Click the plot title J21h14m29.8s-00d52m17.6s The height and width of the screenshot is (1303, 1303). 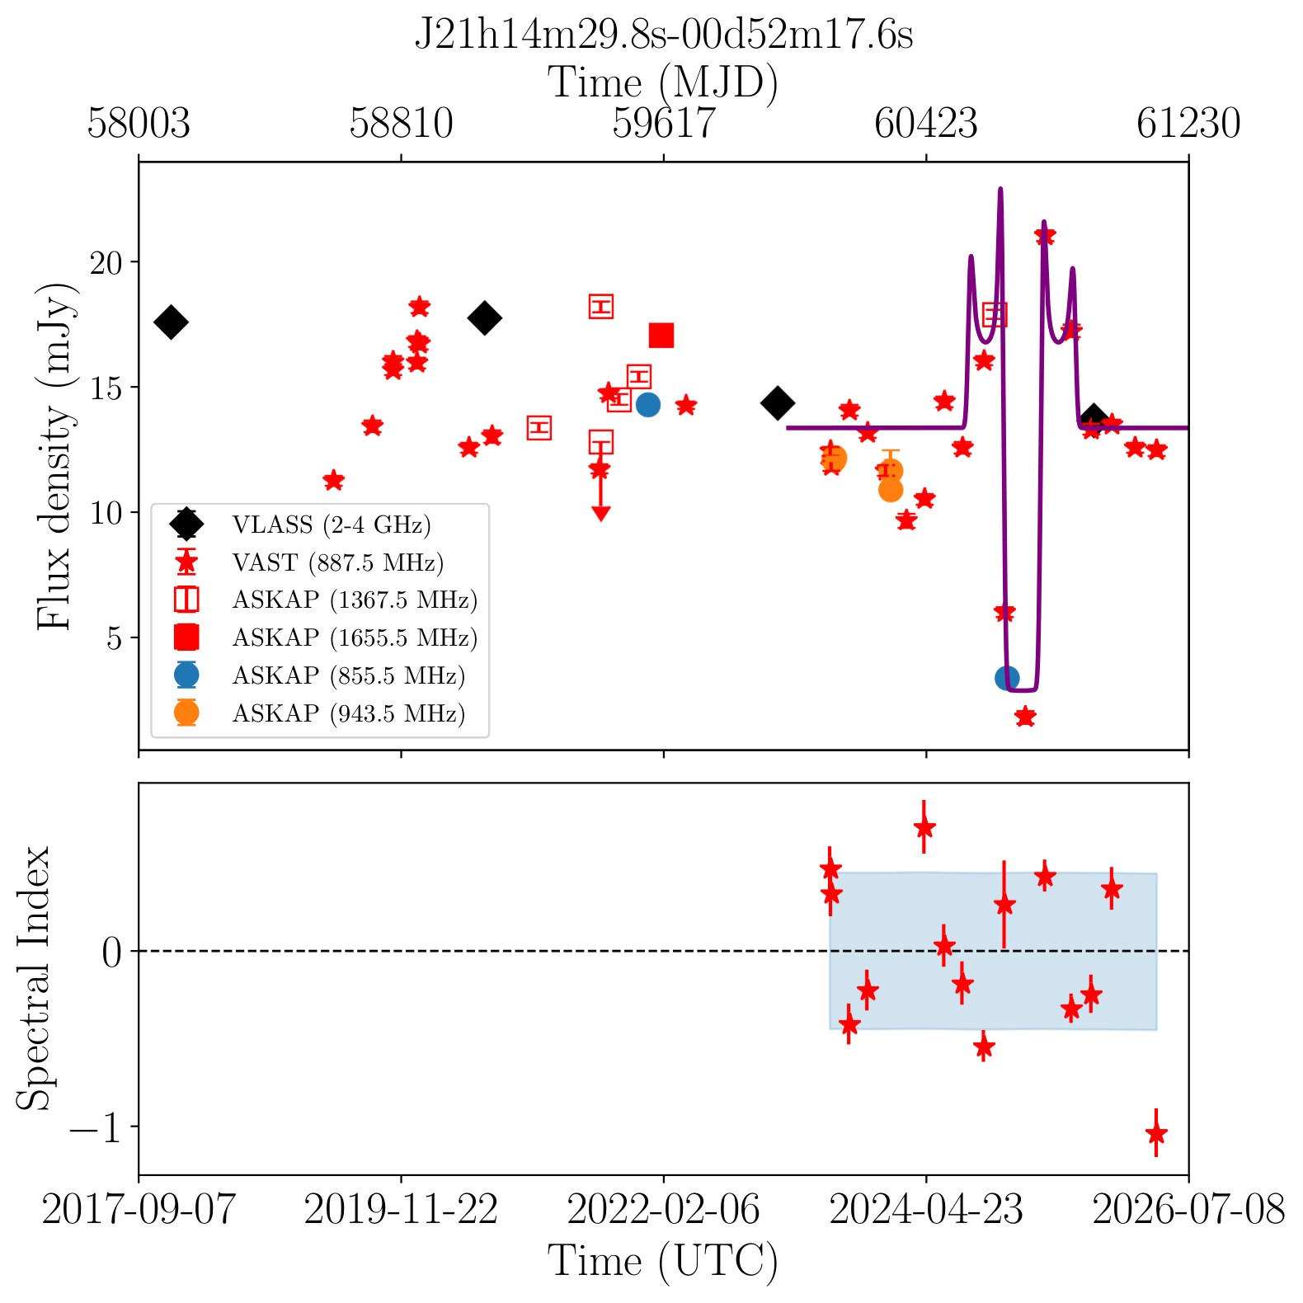664,35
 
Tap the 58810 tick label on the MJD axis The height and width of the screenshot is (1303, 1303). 401,124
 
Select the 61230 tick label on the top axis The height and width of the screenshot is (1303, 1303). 1188,124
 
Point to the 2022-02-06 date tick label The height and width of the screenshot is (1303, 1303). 664,1211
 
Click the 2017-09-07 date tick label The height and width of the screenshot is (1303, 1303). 139,1211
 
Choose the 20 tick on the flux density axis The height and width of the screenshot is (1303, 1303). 107,262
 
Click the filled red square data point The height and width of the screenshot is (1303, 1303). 661,336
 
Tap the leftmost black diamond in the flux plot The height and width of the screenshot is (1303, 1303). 171,322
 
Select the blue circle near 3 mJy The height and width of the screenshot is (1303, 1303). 1007,678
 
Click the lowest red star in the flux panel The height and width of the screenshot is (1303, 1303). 1025,717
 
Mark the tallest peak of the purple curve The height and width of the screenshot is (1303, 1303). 1000,189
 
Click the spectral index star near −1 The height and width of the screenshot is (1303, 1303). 1156,1133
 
